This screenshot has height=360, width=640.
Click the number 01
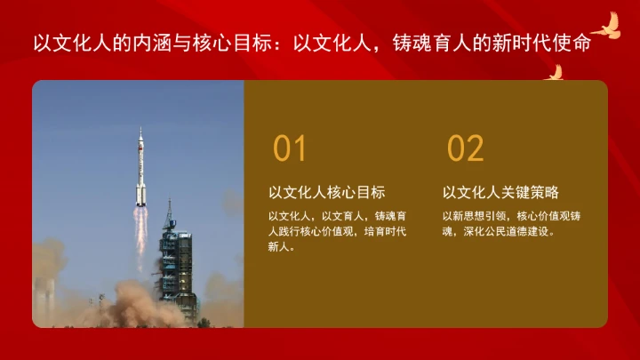click(290, 148)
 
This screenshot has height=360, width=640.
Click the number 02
click(465, 148)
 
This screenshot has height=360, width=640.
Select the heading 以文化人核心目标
click(326, 192)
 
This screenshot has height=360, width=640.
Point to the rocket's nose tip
click(140, 130)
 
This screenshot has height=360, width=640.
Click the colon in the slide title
click(281, 44)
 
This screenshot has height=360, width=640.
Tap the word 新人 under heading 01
click(280, 248)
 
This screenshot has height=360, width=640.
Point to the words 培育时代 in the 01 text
click(385, 231)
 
